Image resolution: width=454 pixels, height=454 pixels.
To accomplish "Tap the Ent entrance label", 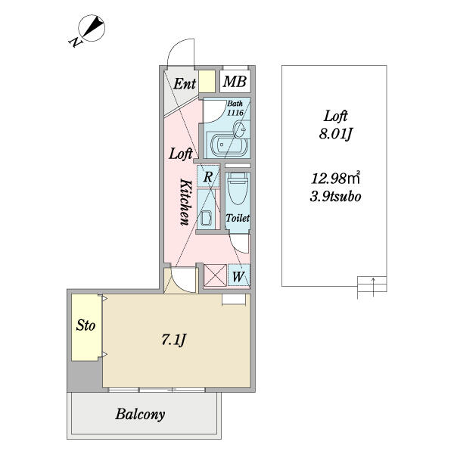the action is [185, 84].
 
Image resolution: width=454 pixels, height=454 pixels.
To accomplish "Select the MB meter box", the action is [235, 82].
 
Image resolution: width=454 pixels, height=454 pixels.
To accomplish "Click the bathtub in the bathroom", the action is [230, 145].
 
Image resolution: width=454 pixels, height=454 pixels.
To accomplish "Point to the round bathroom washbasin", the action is [240, 129].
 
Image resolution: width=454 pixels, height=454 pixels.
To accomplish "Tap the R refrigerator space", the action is [208, 176].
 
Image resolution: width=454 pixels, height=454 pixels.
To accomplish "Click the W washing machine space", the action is [238, 276].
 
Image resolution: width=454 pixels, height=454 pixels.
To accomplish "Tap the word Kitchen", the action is [185, 202].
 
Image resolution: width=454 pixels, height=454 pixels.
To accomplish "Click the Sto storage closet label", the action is [86, 325].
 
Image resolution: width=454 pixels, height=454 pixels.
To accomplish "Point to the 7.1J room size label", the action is [173, 340].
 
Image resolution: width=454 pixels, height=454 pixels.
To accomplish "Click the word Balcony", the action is [140, 415].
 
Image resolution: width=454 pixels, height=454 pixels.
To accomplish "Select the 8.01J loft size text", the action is [335, 134].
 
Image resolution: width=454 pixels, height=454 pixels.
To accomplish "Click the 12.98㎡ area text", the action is [335, 178].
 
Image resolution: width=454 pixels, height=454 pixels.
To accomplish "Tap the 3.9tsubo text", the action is [335, 197].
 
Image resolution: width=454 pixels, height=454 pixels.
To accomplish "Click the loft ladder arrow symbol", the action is [373, 288].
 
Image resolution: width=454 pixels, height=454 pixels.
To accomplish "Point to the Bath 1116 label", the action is [235, 107].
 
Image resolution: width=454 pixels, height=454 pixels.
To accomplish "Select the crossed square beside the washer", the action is [216, 275].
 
